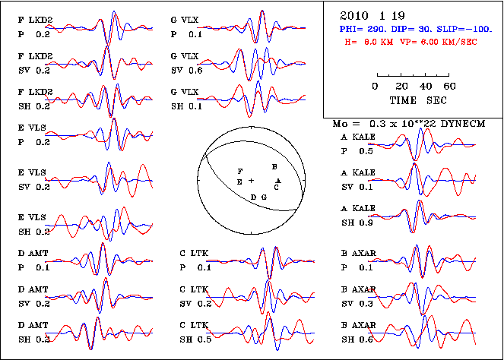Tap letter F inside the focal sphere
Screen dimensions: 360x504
click(240, 172)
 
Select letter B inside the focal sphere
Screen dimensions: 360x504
click(274, 166)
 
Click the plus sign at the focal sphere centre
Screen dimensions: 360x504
click(251, 181)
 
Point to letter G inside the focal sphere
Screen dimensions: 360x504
click(264, 197)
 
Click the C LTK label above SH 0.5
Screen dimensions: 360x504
click(195, 325)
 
